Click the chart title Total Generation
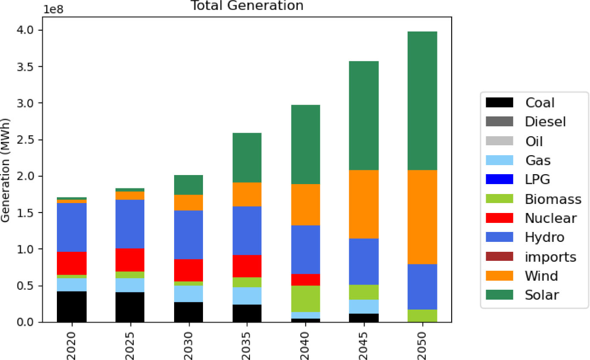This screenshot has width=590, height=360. (x=247, y=6)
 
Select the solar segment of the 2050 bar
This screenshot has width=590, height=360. (x=422, y=101)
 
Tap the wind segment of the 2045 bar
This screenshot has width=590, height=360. (x=364, y=204)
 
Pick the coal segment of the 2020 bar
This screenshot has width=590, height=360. (x=72, y=307)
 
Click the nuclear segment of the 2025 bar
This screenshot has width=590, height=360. (x=130, y=260)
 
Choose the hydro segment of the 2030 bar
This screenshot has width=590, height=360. (x=188, y=235)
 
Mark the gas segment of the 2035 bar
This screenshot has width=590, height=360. (x=247, y=296)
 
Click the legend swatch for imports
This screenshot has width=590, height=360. (x=499, y=257)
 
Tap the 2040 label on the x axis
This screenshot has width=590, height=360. (x=306, y=341)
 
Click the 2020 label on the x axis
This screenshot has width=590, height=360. (x=72, y=341)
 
